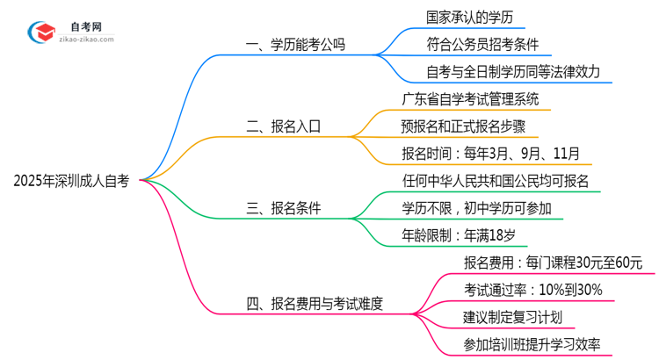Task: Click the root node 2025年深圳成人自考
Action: [71, 182]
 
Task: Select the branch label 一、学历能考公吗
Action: [295, 44]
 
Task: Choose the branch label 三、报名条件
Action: [283, 208]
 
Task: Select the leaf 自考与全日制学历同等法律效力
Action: [500, 71]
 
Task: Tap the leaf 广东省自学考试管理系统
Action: [469, 98]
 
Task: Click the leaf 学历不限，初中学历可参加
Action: [477, 208]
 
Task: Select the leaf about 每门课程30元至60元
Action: [553, 263]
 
